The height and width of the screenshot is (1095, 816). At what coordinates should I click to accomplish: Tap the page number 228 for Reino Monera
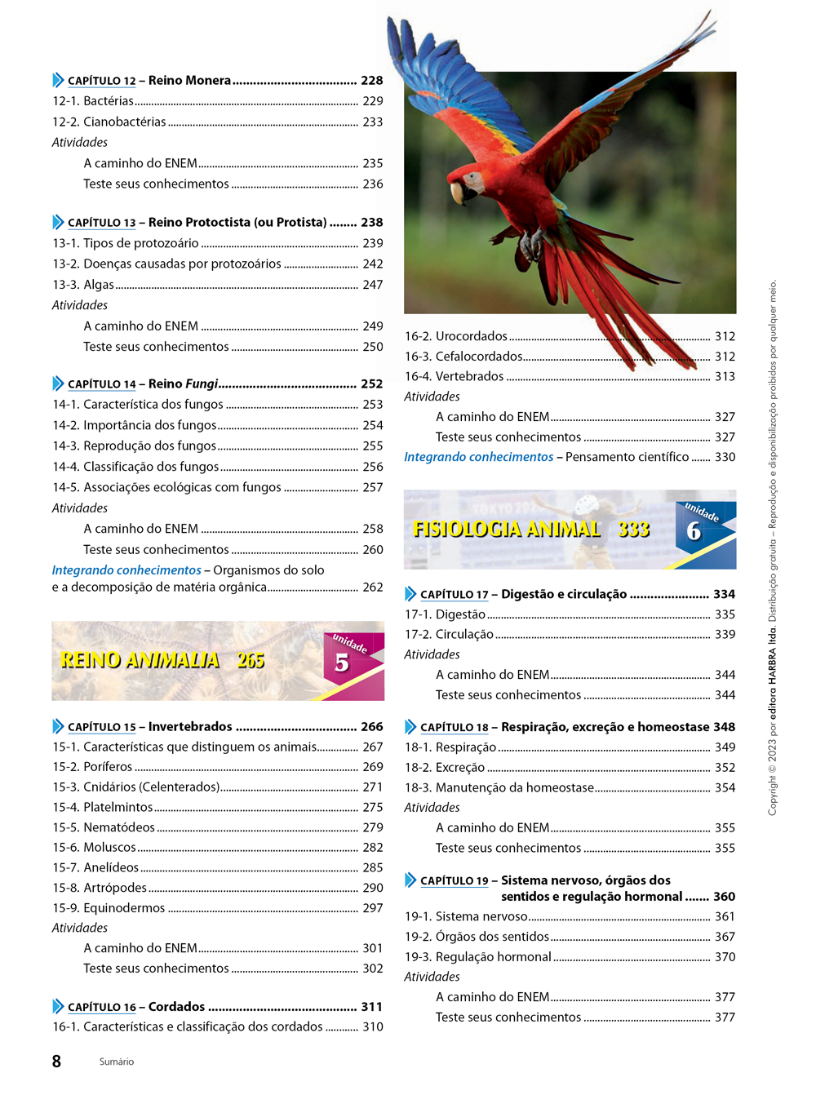point(371,81)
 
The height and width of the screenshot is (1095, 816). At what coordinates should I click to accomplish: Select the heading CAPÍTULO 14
point(102,384)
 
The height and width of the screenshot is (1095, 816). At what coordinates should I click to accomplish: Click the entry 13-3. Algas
point(83,285)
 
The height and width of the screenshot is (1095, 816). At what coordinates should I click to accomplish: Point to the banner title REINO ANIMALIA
point(140,660)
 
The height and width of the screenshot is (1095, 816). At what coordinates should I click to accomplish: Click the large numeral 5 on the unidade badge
point(342,663)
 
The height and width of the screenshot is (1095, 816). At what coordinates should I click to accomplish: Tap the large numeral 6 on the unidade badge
point(694,531)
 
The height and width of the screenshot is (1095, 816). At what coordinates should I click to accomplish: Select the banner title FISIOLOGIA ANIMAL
point(507,530)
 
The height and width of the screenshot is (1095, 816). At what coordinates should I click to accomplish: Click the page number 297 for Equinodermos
point(373,908)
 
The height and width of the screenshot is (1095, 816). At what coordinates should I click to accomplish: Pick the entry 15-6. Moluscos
point(95,848)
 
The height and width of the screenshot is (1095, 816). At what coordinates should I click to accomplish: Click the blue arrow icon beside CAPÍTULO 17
point(410,594)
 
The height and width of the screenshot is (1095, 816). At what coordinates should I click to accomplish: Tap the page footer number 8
point(56,1062)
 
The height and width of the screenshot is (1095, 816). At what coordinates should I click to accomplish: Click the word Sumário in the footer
point(117,1062)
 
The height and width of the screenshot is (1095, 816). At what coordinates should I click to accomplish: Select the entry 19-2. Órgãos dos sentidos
point(477,937)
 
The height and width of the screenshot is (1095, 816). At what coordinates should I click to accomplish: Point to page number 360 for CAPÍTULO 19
point(724,897)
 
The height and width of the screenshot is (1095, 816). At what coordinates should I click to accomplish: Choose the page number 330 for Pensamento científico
point(725,458)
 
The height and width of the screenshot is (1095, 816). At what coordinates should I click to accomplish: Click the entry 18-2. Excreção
point(445,768)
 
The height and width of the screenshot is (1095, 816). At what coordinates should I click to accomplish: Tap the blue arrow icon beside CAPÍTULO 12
point(58,80)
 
